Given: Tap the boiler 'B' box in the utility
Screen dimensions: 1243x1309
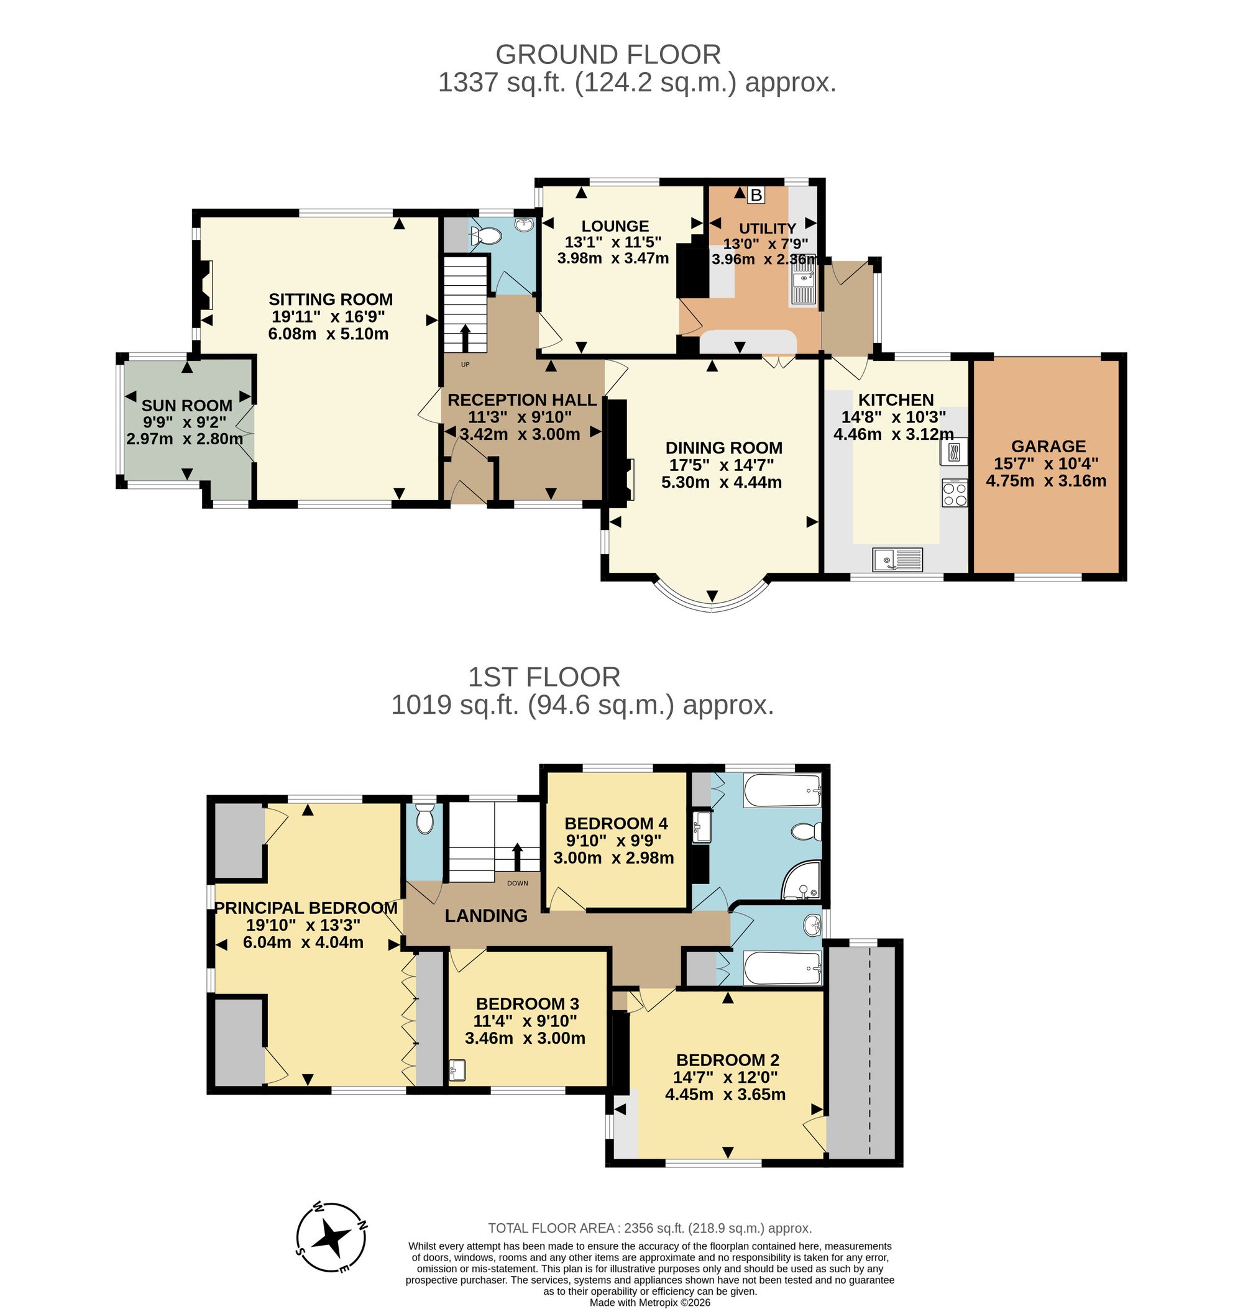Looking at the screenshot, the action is (x=756, y=196).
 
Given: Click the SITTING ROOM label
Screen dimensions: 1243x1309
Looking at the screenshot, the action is (x=331, y=299).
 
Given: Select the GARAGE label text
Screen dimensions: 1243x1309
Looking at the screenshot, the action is (x=1048, y=447).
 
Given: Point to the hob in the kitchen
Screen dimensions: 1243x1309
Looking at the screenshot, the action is (x=954, y=493).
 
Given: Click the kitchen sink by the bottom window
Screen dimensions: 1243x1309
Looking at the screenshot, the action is (x=897, y=559).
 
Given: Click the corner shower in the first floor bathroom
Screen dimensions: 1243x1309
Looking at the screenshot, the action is (x=802, y=880).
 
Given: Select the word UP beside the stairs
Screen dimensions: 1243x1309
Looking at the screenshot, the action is (x=465, y=364).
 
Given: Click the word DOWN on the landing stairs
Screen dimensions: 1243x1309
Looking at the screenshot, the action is (x=518, y=883).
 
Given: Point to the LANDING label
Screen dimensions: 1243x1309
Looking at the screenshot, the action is (x=485, y=916).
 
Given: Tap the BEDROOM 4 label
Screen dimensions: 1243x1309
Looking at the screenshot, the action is (x=615, y=823).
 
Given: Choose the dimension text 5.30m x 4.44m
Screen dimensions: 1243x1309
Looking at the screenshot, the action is (x=721, y=482).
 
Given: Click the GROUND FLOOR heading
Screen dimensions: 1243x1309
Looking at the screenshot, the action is (x=608, y=54).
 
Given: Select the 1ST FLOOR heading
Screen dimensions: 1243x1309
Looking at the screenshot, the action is (x=544, y=677).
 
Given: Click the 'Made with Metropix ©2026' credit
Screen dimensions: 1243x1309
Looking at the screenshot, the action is (x=650, y=1302).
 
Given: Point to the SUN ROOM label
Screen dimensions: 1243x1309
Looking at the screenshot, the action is (x=187, y=406).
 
